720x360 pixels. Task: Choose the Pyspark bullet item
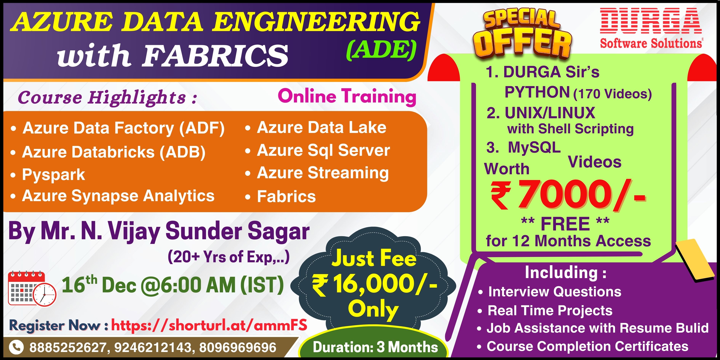click(47, 175)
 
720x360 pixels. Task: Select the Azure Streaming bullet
click(317, 173)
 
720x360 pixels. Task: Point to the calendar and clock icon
click(32, 288)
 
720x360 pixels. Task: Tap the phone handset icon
click(16, 347)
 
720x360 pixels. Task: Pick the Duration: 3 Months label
click(375, 347)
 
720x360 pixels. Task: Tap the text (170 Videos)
click(612, 94)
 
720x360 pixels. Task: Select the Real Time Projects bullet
click(545, 310)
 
